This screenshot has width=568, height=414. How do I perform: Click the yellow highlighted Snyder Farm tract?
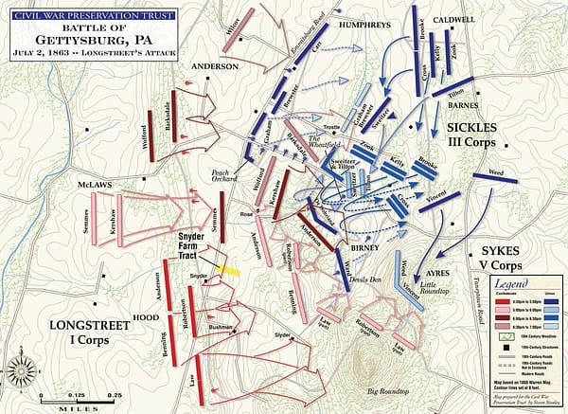pos(226,270)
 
